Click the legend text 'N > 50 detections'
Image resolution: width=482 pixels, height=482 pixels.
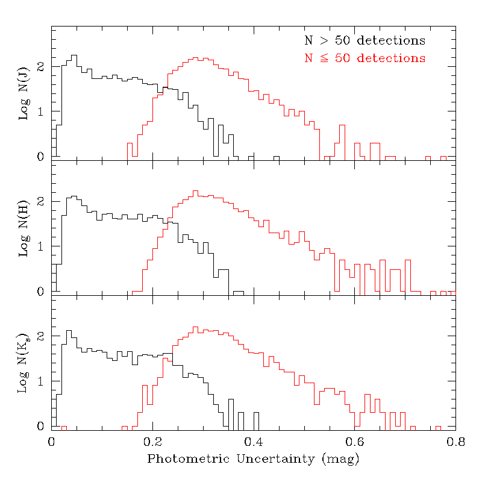point(365,41)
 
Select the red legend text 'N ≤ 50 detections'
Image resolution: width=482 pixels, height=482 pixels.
point(365,58)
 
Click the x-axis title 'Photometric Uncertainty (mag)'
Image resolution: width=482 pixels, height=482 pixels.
point(254,459)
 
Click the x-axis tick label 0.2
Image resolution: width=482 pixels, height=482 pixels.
point(152,442)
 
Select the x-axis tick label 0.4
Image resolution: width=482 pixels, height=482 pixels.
point(254,442)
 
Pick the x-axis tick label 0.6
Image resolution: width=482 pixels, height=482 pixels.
point(355,442)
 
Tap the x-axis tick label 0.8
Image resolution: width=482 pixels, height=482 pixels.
point(455,442)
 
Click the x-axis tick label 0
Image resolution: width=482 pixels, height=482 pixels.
point(52,442)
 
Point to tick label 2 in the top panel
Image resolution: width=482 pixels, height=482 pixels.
point(42,66)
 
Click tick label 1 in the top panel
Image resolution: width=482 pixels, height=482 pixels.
point(42,111)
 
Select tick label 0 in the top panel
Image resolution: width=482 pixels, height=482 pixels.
point(42,157)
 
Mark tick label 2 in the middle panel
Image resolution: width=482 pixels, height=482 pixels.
point(42,201)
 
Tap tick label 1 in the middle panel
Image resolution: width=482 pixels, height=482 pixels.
point(42,246)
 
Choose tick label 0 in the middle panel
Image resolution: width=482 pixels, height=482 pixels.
point(42,292)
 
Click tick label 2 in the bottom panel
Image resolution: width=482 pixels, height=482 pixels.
point(42,336)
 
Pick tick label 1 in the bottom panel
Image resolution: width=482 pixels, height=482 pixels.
point(42,381)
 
